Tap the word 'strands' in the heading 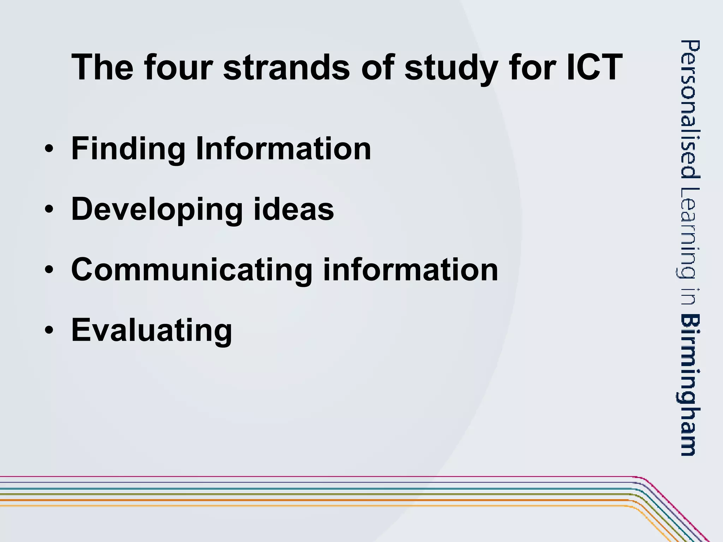click(286, 67)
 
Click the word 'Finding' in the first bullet click(128, 149)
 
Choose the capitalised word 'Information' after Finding click(283, 148)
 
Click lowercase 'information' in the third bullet click(410, 270)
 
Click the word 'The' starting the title click(102, 67)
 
